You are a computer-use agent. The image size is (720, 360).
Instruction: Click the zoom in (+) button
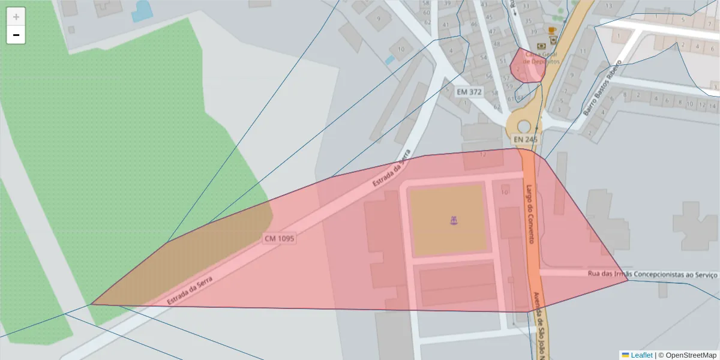coord(16,17)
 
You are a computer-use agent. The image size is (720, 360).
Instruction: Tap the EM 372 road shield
coord(469,92)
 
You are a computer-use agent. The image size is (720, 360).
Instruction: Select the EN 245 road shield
coord(524,139)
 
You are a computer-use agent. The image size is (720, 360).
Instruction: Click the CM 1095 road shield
coord(280,238)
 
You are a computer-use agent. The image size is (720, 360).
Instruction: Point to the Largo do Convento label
coord(530,214)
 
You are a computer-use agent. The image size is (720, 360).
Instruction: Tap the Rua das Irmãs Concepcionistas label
coord(653,274)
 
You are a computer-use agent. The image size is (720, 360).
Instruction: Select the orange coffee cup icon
coord(552,29)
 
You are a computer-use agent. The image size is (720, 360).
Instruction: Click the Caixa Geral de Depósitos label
coord(541,57)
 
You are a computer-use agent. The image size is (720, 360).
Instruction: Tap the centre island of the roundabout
coord(524,126)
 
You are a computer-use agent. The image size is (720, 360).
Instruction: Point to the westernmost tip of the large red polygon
coord(92,304)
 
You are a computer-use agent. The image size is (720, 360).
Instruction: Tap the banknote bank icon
coord(541,45)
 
